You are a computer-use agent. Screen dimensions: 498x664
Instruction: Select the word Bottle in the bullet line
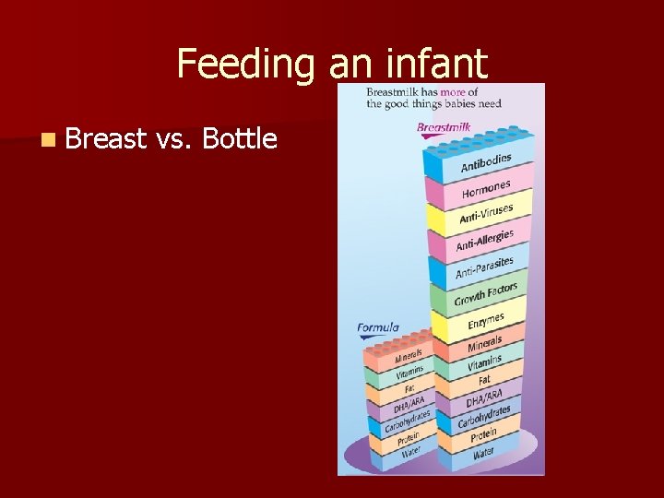tap(239, 138)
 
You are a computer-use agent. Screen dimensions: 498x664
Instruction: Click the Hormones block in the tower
tap(485, 191)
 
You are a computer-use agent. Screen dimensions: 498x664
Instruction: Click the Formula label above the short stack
tap(378, 327)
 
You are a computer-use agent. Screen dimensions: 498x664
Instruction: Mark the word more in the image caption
tap(452, 91)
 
